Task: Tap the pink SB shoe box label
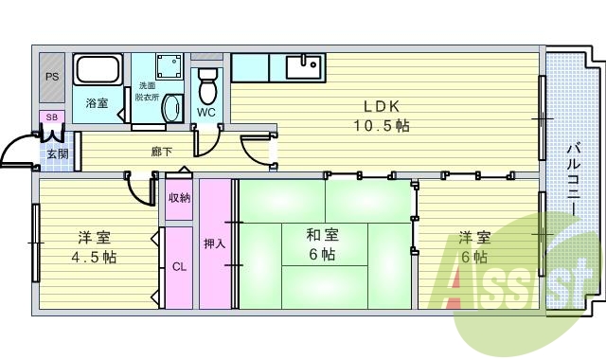coord(51,117)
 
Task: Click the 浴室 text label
coord(97,103)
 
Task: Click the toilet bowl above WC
coord(207,87)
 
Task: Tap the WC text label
coord(206,113)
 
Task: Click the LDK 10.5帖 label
coord(381,115)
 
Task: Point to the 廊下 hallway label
coord(161,152)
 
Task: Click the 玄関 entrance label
coord(56,153)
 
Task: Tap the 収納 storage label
coord(180,198)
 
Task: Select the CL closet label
coord(179,266)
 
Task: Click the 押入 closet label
coord(215,243)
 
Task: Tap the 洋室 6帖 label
coord(474,246)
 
